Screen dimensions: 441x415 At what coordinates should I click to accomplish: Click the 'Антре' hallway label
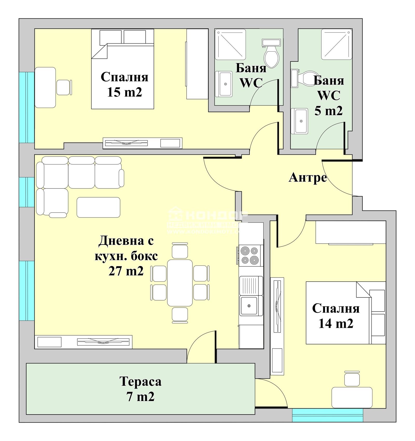pyautogui.click(x=308, y=178)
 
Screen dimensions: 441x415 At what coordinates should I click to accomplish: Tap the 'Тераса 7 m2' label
pyautogui.click(x=141, y=389)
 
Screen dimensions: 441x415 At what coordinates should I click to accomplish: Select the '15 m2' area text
pyautogui.click(x=125, y=92)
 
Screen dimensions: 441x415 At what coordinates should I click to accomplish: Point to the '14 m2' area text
pyautogui.click(x=336, y=323)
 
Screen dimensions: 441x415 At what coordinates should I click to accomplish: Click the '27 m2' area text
pyautogui.click(x=126, y=271)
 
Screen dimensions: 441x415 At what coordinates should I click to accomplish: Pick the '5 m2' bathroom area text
pyautogui.click(x=328, y=111)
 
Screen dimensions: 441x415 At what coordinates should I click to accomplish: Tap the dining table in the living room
pyautogui.click(x=180, y=283)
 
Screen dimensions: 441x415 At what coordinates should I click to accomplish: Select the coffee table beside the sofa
pyautogui.click(x=98, y=207)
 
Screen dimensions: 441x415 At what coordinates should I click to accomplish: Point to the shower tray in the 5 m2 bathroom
pyautogui.click(x=336, y=44)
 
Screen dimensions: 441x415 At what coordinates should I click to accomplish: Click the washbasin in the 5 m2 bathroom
pyautogui.click(x=300, y=121)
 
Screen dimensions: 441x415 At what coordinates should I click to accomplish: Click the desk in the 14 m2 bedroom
pyautogui.click(x=352, y=397)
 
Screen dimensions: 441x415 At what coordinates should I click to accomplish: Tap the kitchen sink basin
pyautogui.click(x=249, y=306)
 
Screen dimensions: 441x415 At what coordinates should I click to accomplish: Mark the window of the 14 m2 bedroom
pyautogui.click(x=327, y=415)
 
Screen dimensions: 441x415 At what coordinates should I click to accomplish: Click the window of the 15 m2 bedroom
pyautogui.click(x=27, y=107)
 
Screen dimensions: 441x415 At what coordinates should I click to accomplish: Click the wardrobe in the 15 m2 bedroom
pyautogui.click(x=197, y=64)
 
